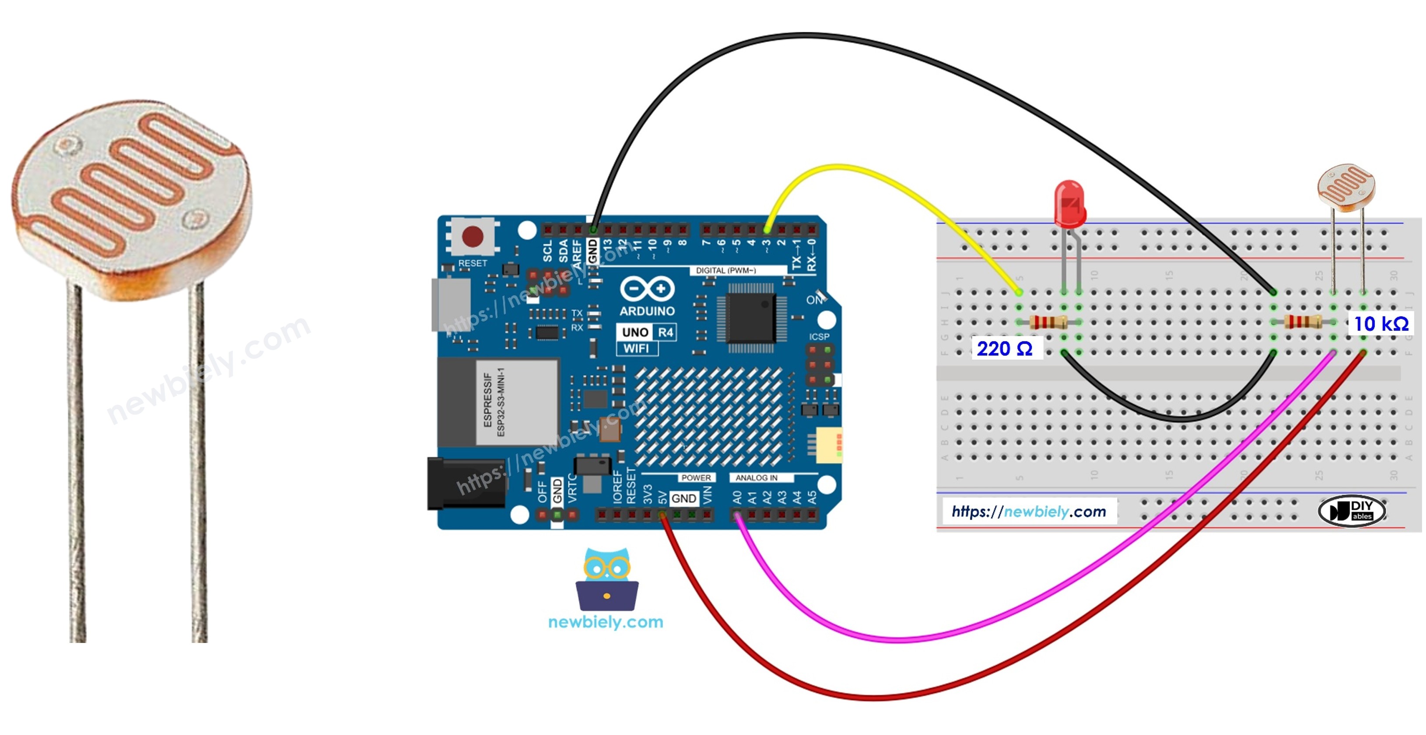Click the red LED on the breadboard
[x=1069, y=204]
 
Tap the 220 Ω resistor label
[x=1004, y=349]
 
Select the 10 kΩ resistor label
[x=1380, y=324]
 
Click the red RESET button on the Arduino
[x=472, y=237]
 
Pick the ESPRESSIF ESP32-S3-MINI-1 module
[x=498, y=401]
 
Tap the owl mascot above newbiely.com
[x=607, y=579]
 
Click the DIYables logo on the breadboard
[x=1352, y=511]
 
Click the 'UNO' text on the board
[x=634, y=332]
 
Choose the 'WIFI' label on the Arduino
[x=636, y=349]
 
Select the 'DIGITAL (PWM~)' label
[x=726, y=270]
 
